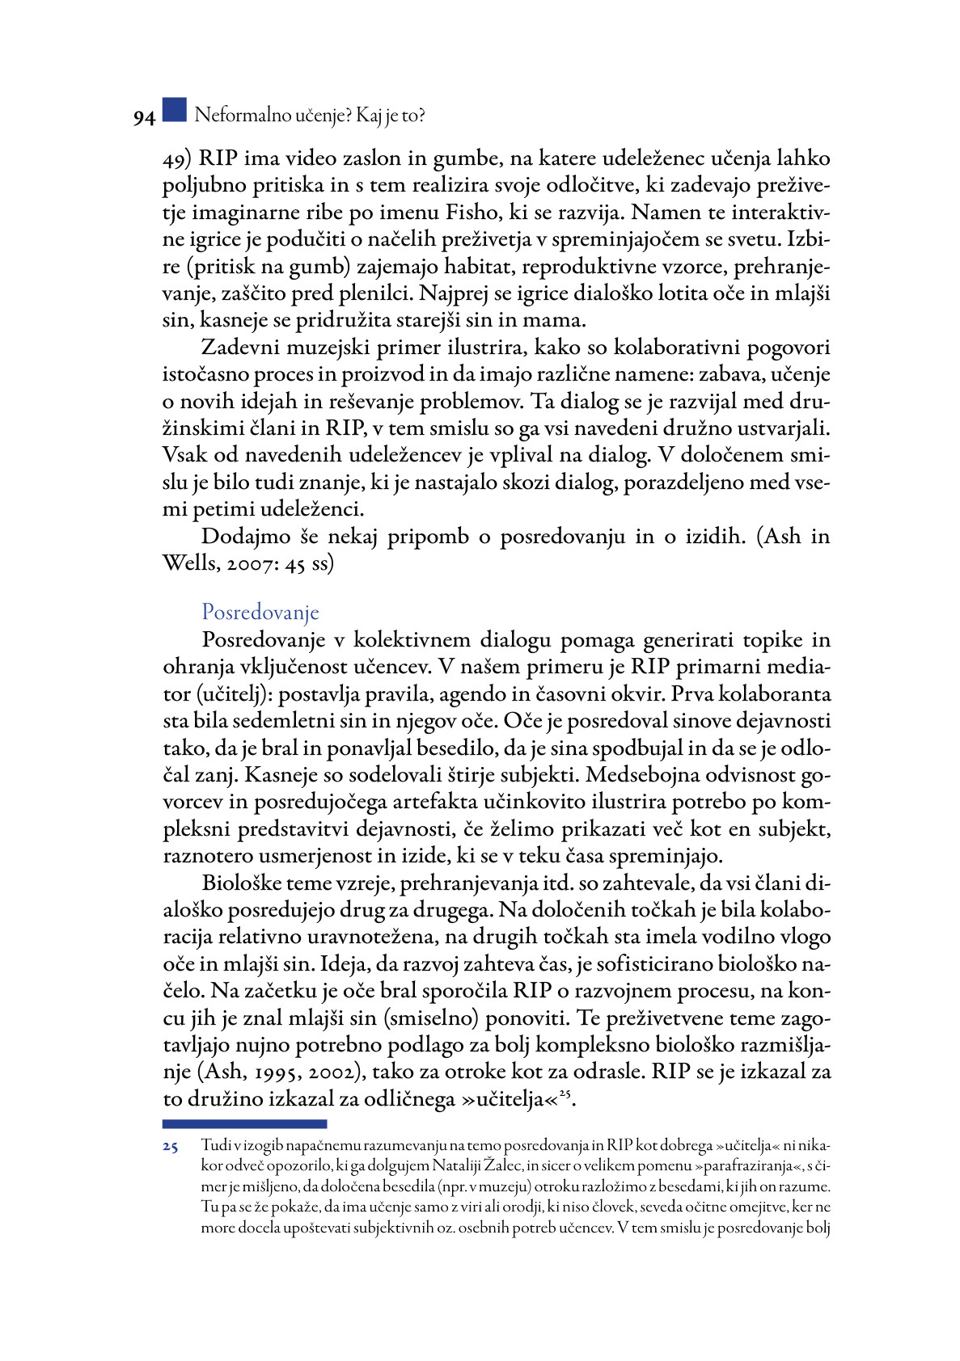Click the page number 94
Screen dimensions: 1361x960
(x=144, y=118)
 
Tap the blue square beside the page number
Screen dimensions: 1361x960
(x=174, y=110)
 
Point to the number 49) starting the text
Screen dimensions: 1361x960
(x=177, y=158)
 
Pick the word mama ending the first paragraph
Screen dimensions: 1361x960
(x=556, y=320)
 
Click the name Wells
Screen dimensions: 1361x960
(x=188, y=564)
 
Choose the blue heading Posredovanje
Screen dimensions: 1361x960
(x=260, y=613)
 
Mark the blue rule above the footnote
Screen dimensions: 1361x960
(x=244, y=1123)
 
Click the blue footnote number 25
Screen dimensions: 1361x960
(x=170, y=1147)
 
